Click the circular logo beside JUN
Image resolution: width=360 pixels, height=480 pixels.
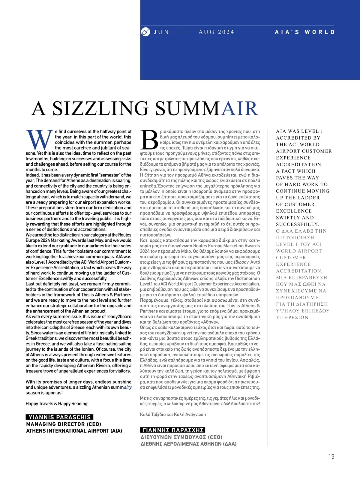click(x=145, y=32)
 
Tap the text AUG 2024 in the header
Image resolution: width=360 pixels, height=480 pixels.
click(x=216, y=32)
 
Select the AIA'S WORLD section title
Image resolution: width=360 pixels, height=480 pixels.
click(x=304, y=32)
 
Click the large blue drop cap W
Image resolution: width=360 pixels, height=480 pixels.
click(x=40, y=140)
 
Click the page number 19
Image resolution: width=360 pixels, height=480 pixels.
click(x=331, y=457)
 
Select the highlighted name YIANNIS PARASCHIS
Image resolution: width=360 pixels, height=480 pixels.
click(x=59, y=417)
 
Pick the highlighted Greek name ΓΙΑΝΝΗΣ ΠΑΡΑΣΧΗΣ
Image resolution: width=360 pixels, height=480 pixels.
click(x=172, y=430)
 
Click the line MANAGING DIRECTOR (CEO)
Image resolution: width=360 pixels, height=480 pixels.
click(x=64, y=424)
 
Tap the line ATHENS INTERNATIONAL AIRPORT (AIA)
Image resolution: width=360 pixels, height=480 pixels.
click(x=74, y=431)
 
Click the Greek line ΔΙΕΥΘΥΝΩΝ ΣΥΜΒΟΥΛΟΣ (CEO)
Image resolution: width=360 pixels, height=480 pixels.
click(x=181, y=437)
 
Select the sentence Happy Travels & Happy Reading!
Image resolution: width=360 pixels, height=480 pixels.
click(x=57, y=404)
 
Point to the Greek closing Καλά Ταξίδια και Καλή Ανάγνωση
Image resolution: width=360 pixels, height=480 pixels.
click(x=173, y=415)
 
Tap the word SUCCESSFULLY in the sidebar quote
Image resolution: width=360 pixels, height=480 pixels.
click(x=297, y=225)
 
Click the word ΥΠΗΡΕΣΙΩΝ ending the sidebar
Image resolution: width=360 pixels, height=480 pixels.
click(x=292, y=318)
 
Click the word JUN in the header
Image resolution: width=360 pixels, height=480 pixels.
click(x=161, y=32)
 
